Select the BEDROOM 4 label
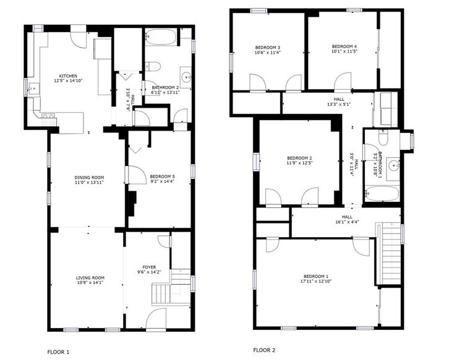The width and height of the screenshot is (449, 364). [344, 46]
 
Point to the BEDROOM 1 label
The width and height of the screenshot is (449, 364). [316, 275]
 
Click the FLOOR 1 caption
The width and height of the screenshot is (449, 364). [58, 352]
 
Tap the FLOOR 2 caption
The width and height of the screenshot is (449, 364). [265, 350]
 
